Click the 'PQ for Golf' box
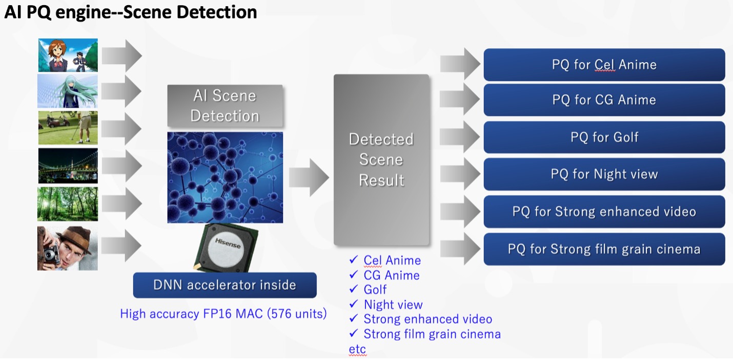point(604,137)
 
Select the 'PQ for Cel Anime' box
point(604,65)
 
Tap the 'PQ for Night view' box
point(604,174)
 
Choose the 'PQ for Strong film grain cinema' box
point(604,249)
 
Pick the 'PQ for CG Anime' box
point(604,100)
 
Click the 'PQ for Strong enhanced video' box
point(604,212)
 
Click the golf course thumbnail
point(68,128)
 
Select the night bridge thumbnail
point(68,166)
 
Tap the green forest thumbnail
point(68,204)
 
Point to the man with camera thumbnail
point(68,248)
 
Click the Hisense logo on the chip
point(228,244)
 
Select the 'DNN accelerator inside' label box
point(225,285)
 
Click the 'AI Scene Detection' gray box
point(225,106)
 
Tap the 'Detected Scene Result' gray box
point(381,159)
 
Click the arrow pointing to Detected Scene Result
point(309,178)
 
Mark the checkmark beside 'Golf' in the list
point(353,289)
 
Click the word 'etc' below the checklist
point(357,349)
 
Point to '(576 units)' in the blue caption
point(297,313)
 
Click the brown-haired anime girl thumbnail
point(68,55)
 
